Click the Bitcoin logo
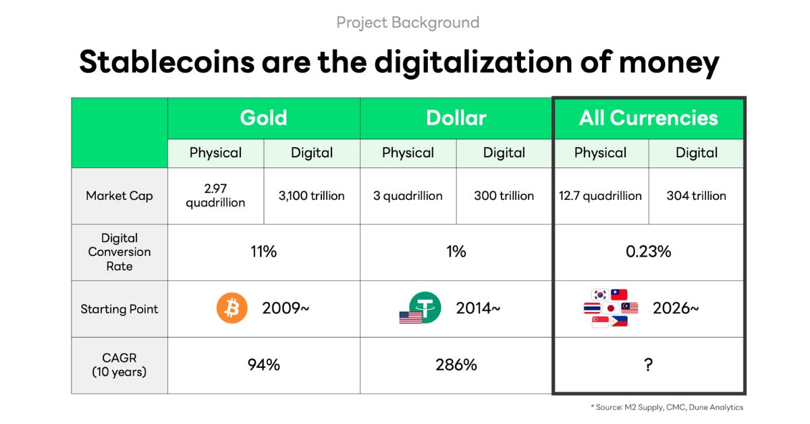tap(232, 308)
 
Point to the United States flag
tap(410, 317)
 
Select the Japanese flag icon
tap(611, 309)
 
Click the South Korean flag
tap(600, 295)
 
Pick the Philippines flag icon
tap(620, 321)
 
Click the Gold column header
tap(264, 118)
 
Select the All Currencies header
tap(649, 118)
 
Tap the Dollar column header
tap(456, 118)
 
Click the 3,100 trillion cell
tap(311, 196)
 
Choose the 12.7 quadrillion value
tap(600, 196)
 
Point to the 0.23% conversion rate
tap(649, 251)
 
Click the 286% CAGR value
tap(456, 365)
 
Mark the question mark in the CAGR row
tap(649, 365)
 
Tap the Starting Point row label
tap(119, 309)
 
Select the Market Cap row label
tap(119, 196)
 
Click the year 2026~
tap(676, 309)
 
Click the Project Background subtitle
tap(408, 22)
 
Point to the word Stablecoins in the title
tap(167, 62)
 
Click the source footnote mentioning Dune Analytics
tap(667, 407)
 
